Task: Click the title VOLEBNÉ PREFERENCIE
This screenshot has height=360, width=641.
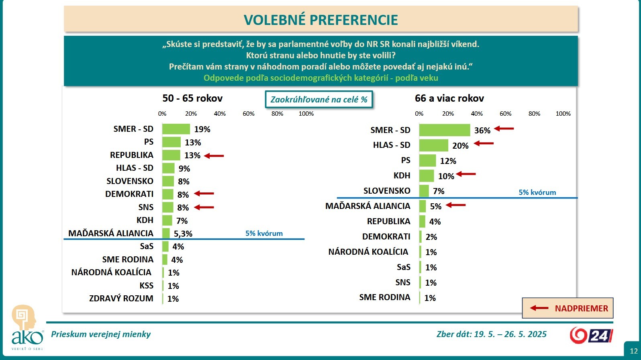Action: tap(320, 20)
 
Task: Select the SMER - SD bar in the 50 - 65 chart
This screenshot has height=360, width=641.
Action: tap(176, 129)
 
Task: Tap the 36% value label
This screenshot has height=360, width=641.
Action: tap(482, 130)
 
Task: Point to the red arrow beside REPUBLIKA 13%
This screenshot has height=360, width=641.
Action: tap(214, 155)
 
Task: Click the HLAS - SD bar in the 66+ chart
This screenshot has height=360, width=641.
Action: tap(433, 145)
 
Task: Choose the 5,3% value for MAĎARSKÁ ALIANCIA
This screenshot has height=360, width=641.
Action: tap(183, 233)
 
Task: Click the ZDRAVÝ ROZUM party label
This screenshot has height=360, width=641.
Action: tap(121, 299)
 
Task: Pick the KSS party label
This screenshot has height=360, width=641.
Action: tap(146, 286)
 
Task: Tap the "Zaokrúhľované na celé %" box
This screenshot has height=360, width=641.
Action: tap(319, 100)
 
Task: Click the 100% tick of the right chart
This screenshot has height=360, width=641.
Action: tap(563, 114)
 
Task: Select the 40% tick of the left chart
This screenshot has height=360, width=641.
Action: tap(220, 114)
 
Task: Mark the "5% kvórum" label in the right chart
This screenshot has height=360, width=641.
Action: tap(537, 192)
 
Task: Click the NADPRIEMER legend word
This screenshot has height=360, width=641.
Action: tap(581, 309)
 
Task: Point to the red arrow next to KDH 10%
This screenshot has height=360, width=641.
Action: tap(466, 174)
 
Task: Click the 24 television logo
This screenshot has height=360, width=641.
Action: tap(591, 335)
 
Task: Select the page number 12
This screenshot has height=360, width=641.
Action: tap(633, 351)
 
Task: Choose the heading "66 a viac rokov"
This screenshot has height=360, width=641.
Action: tap(449, 98)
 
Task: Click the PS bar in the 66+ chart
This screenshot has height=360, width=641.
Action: tap(427, 161)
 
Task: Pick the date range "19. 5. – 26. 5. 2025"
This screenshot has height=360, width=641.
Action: tap(510, 334)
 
